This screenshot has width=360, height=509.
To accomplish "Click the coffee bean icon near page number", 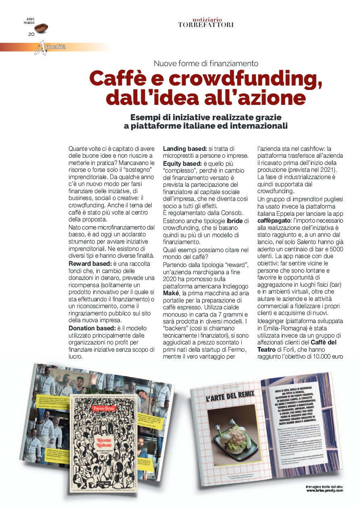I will (41, 28).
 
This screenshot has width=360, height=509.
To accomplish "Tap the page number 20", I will (31, 34).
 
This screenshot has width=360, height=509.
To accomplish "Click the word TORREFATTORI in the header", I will (205, 25).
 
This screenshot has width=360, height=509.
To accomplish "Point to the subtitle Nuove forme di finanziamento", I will (206, 63).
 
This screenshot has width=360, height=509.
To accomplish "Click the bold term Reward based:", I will (87, 263).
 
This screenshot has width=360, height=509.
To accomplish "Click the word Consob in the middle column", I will (232, 213).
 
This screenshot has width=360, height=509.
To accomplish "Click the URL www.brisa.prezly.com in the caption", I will (324, 490).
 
